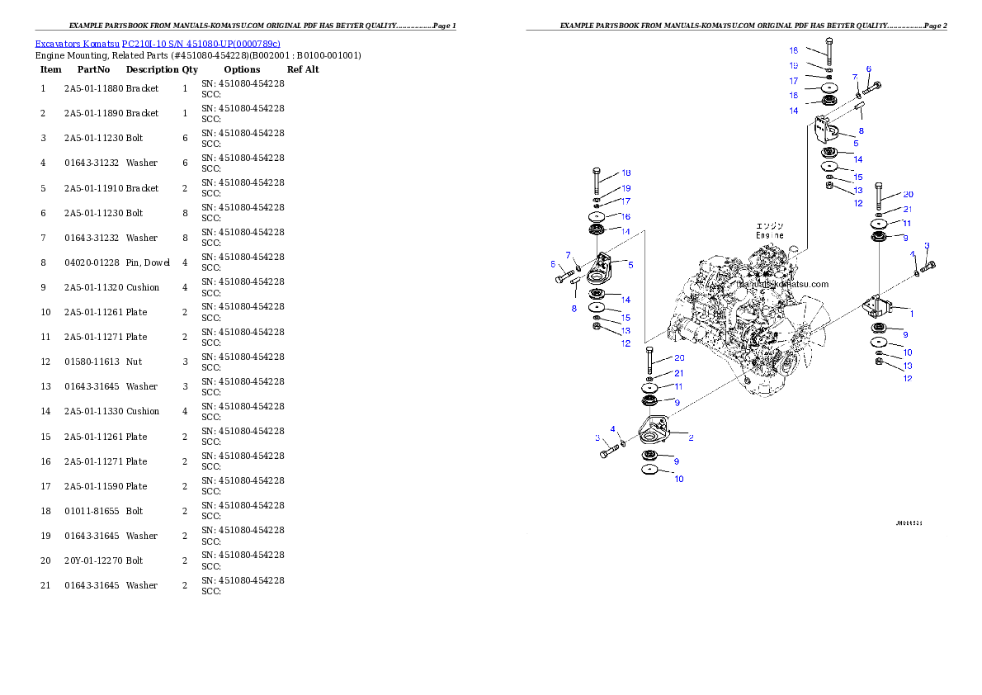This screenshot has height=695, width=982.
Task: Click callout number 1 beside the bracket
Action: tap(912, 314)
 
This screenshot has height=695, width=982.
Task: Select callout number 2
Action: tap(691, 437)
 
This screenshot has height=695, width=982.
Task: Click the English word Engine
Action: tap(770, 235)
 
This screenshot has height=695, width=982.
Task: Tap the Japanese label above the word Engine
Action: tap(770, 225)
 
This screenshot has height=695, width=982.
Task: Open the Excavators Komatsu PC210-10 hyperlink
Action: tap(158, 43)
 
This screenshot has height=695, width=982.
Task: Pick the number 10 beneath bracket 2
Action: tap(679, 479)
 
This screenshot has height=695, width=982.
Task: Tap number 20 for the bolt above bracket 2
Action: tap(679, 358)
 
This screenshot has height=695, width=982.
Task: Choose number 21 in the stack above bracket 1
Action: tap(907, 210)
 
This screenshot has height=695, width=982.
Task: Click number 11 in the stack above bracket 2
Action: tap(677, 386)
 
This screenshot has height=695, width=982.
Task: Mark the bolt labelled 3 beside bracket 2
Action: tap(610, 452)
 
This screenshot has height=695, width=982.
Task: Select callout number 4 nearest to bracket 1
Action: tap(913, 254)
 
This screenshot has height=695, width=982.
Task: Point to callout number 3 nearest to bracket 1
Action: tap(927, 246)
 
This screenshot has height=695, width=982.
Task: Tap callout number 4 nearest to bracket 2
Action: tap(613, 429)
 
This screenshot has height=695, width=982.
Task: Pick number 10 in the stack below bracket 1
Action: tap(907, 352)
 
